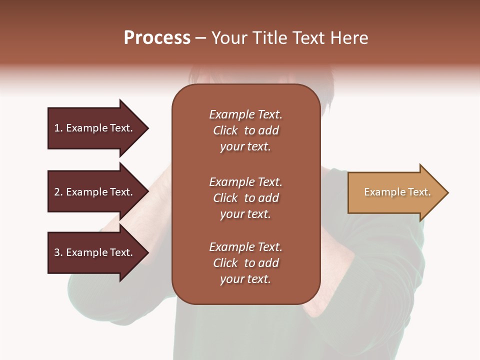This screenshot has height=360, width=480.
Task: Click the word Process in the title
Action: [157, 38]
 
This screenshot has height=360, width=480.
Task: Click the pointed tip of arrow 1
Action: [147, 128]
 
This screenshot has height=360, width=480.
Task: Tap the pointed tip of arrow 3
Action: [147, 252]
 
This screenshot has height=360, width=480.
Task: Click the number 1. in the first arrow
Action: [58, 128]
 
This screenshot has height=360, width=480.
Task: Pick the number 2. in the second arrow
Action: [58, 192]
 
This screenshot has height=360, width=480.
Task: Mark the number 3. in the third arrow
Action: [58, 252]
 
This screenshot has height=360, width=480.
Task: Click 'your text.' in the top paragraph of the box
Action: [245, 147]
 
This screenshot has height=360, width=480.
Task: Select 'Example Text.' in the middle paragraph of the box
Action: [245, 182]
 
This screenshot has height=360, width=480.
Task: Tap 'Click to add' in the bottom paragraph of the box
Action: [245, 263]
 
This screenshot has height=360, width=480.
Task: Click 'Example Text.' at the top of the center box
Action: [245, 114]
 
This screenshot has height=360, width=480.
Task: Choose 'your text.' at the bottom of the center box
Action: [245, 279]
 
